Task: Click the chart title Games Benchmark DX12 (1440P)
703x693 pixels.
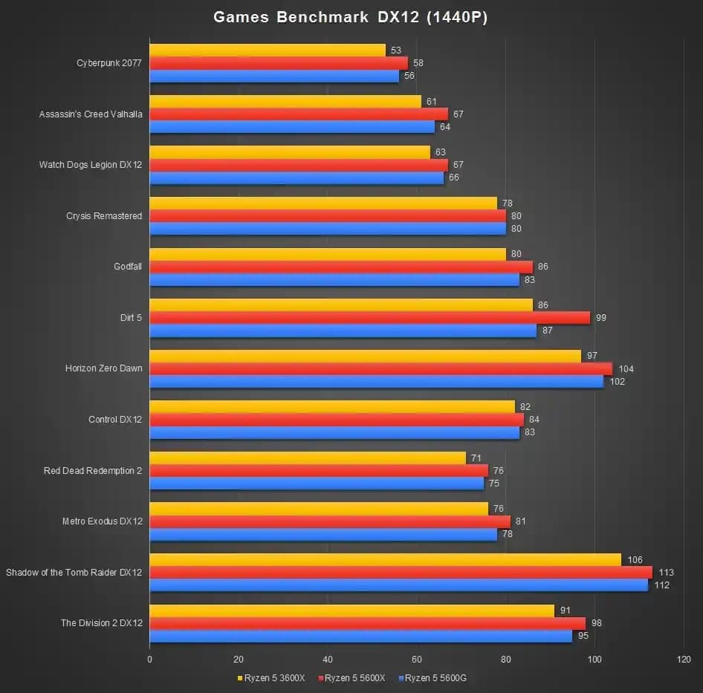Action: point(351,17)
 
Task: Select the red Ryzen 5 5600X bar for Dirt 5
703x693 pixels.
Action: point(369,318)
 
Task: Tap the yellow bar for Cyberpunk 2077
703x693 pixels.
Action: point(268,51)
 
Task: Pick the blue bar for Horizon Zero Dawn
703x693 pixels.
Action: point(376,382)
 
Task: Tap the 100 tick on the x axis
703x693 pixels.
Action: point(595,659)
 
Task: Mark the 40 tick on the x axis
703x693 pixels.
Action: point(328,659)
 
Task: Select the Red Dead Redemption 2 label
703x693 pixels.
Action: point(93,470)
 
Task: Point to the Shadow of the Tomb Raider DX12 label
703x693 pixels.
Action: point(74,572)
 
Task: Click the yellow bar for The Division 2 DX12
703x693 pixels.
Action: point(351,611)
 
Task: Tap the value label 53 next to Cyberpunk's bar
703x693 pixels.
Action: point(395,51)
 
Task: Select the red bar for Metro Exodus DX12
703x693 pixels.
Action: point(330,521)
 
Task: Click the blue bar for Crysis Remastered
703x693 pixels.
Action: point(327,229)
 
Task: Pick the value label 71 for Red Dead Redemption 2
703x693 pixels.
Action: point(476,458)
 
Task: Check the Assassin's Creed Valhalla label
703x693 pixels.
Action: point(91,114)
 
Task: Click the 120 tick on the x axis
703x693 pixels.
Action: point(684,659)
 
